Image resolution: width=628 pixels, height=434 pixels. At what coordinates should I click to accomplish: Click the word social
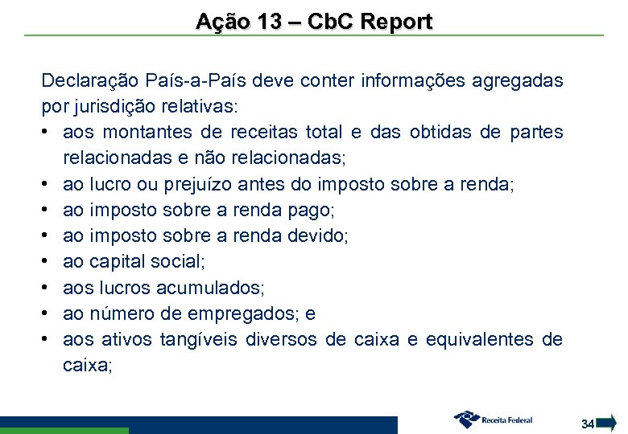coord(180,261)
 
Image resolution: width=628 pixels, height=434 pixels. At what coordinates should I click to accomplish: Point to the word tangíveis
coord(198,339)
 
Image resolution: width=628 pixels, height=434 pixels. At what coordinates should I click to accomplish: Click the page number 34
coord(588,423)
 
